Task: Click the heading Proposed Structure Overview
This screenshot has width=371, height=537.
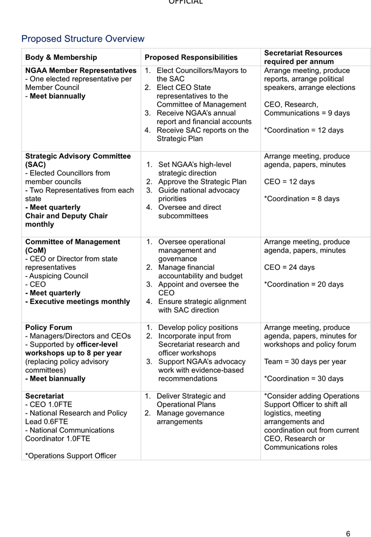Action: pos(83,39)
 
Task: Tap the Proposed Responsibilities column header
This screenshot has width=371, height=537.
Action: pos(191,57)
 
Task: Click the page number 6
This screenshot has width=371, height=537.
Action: pos(348,533)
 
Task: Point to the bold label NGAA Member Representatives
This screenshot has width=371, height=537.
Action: pos(81,71)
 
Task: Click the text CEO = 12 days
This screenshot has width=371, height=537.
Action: pos(290,181)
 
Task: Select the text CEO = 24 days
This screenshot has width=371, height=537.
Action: pos(290,267)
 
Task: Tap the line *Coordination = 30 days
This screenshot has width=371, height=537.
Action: pos(304,378)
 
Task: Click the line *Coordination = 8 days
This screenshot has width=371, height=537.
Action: pos(302,198)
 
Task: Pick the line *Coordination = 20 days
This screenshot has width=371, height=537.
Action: pos(304,284)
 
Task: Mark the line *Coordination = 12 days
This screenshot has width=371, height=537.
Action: pos(304,130)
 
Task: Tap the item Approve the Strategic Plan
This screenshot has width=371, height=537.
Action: pos(202,181)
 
